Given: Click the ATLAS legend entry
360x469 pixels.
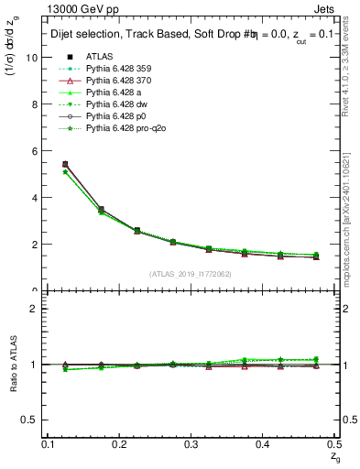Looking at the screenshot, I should [x=100, y=56].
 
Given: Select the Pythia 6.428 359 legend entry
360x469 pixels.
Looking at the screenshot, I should [x=116, y=69].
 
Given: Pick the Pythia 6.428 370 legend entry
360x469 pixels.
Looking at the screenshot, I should [x=116, y=81].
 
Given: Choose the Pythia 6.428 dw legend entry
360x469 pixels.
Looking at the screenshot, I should [x=115, y=104].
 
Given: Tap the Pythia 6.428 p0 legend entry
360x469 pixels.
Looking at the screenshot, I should [x=114, y=116].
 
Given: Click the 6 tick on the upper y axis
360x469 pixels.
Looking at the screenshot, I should [x=37, y=150].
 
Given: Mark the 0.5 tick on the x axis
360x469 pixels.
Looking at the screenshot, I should [x=338, y=443].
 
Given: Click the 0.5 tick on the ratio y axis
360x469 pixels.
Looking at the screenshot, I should [x=33, y=420].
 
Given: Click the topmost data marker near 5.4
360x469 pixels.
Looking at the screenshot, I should [x=65, y=164].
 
